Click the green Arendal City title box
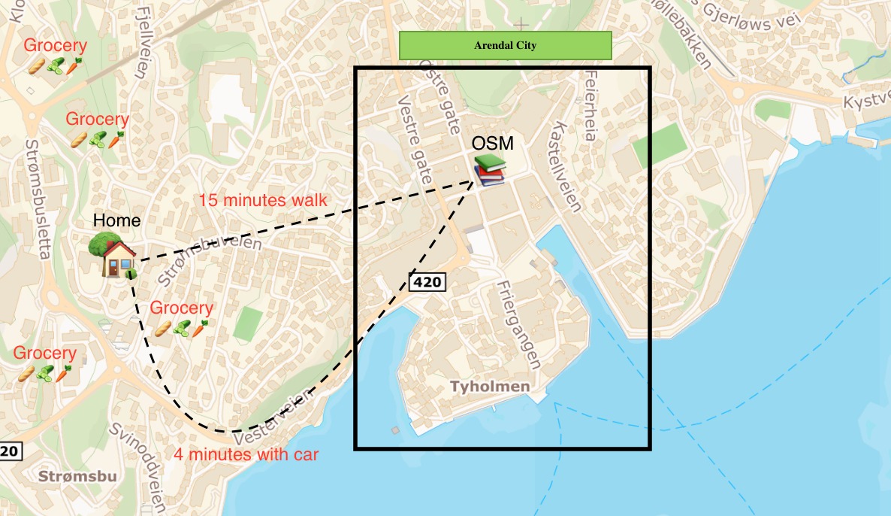click(505, 45)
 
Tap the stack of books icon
click(489, 171)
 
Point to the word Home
click(116, 220)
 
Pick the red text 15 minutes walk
click(263, 200)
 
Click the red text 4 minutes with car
click(246, 454)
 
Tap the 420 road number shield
click(427, 282)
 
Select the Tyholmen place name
click(489, 387)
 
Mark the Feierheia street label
click(590, 106)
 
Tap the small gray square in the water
click(396, 431)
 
